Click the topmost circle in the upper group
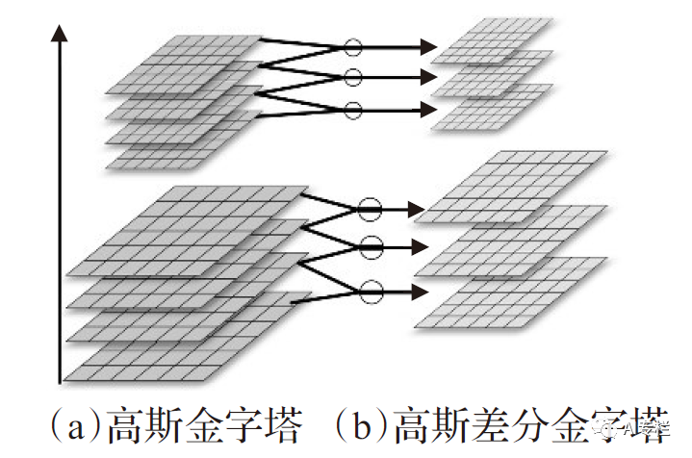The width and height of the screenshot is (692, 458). click(352, 45)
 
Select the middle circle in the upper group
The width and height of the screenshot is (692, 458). click(352, 77)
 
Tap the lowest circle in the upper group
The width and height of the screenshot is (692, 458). click(352, 109)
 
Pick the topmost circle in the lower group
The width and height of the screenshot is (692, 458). click(370, 208)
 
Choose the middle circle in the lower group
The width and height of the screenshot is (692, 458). click(370, 244)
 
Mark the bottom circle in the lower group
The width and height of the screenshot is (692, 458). click(370, 288)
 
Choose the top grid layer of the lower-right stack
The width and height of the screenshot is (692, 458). click(520, 178)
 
